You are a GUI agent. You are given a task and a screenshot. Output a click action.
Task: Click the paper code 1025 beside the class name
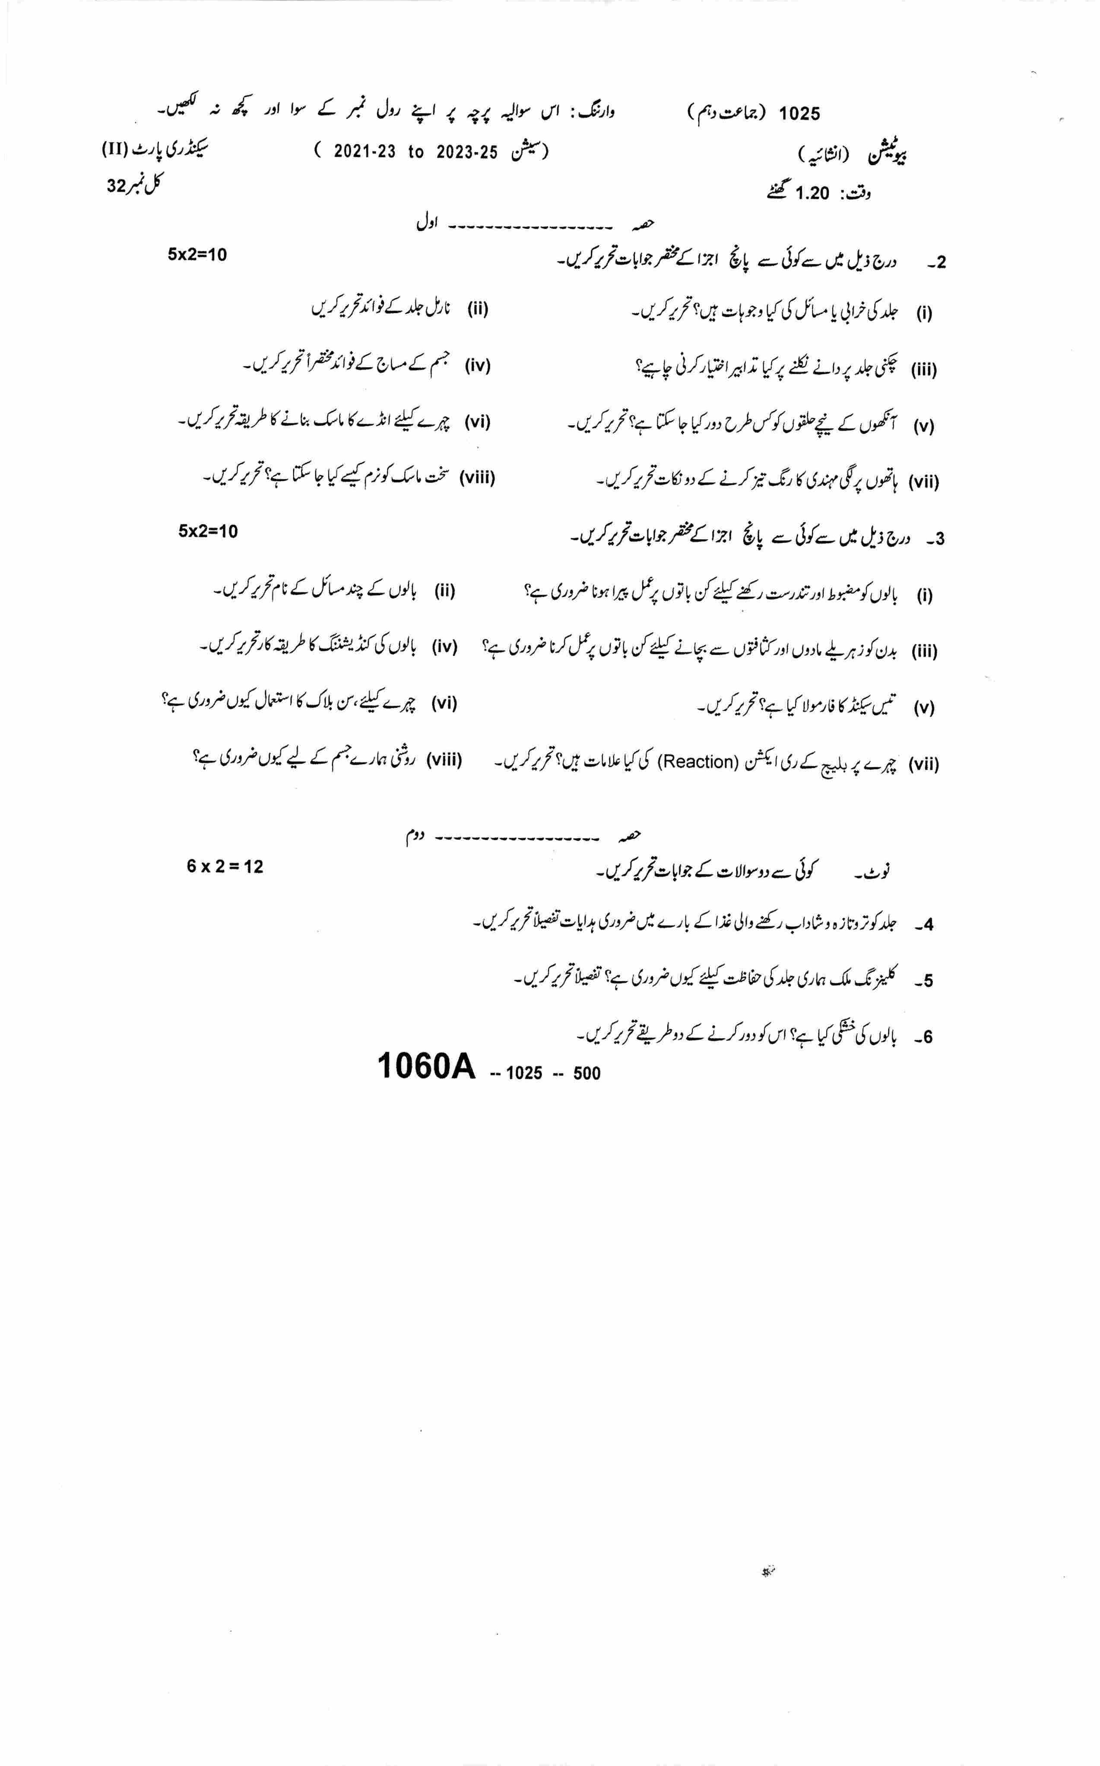tap(799, 114)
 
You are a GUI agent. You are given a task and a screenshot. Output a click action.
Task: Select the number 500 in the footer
tap(586, 1073)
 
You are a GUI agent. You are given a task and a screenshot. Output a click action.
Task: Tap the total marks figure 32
tap(117, 186)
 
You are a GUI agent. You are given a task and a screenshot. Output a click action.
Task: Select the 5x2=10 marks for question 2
tap(197, 255)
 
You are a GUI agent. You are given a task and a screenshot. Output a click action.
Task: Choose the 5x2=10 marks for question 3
tap(208, 531)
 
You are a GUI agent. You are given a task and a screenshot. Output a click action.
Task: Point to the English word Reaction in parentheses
tap(697, 762)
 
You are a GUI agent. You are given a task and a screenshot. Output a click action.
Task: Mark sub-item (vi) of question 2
tap(477, 422)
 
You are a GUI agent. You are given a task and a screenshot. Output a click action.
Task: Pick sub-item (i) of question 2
tap(924, 313)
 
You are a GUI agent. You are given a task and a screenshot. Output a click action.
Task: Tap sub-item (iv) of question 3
tap(444, 646)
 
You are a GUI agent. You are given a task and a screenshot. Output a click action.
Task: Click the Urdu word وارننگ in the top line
tap(601, 113)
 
